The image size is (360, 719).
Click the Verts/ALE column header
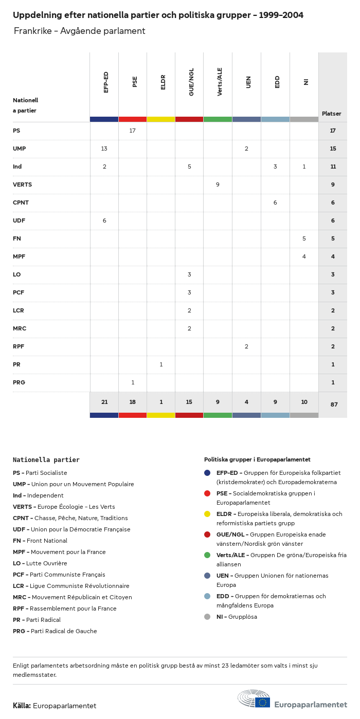(x=220, y=81)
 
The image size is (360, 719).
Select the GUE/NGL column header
(x=191, y=83)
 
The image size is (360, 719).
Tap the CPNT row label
(x=21, y=202)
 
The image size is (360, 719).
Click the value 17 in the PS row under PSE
(x=132, y=131)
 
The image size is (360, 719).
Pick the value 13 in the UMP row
(x=104, y=149)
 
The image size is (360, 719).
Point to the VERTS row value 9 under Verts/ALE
(x=218, y=185)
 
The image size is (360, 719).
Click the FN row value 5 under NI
(x=304, y=238)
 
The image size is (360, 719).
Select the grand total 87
(x=334, y=404)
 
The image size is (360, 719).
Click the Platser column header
(x=331, y=114)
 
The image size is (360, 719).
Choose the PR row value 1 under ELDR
(x=161, y=364)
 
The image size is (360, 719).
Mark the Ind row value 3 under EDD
(x=275, y=167)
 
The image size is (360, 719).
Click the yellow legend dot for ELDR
(x=207, y=514)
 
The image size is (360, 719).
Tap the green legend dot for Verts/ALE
(x=207, y=555)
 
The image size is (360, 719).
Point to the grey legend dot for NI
(x=207, y=617)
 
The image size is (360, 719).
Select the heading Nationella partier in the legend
(x=46, y=460)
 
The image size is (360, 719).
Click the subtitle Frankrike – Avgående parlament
(x=80, y=31)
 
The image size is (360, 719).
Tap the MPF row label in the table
(x=19, y=256)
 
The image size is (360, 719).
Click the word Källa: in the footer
(x=22, y=706)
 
